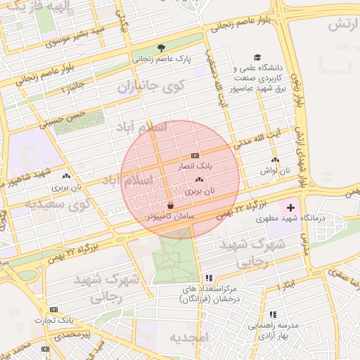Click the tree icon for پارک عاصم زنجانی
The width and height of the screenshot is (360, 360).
click(x=161, y=48)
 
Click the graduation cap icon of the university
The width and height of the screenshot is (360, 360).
click(x=258, y=58)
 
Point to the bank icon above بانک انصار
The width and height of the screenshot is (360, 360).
click(x=194, y=155)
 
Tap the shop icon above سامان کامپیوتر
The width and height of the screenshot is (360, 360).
click(x=170, y=205)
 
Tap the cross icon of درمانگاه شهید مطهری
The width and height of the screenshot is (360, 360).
click(x=290, y=208)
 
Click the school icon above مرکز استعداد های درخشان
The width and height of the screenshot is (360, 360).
click(x=208, y=278)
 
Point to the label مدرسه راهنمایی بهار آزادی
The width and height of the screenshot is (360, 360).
click(x=274, y=330)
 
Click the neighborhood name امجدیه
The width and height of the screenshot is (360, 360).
click(x=189, y=338)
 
